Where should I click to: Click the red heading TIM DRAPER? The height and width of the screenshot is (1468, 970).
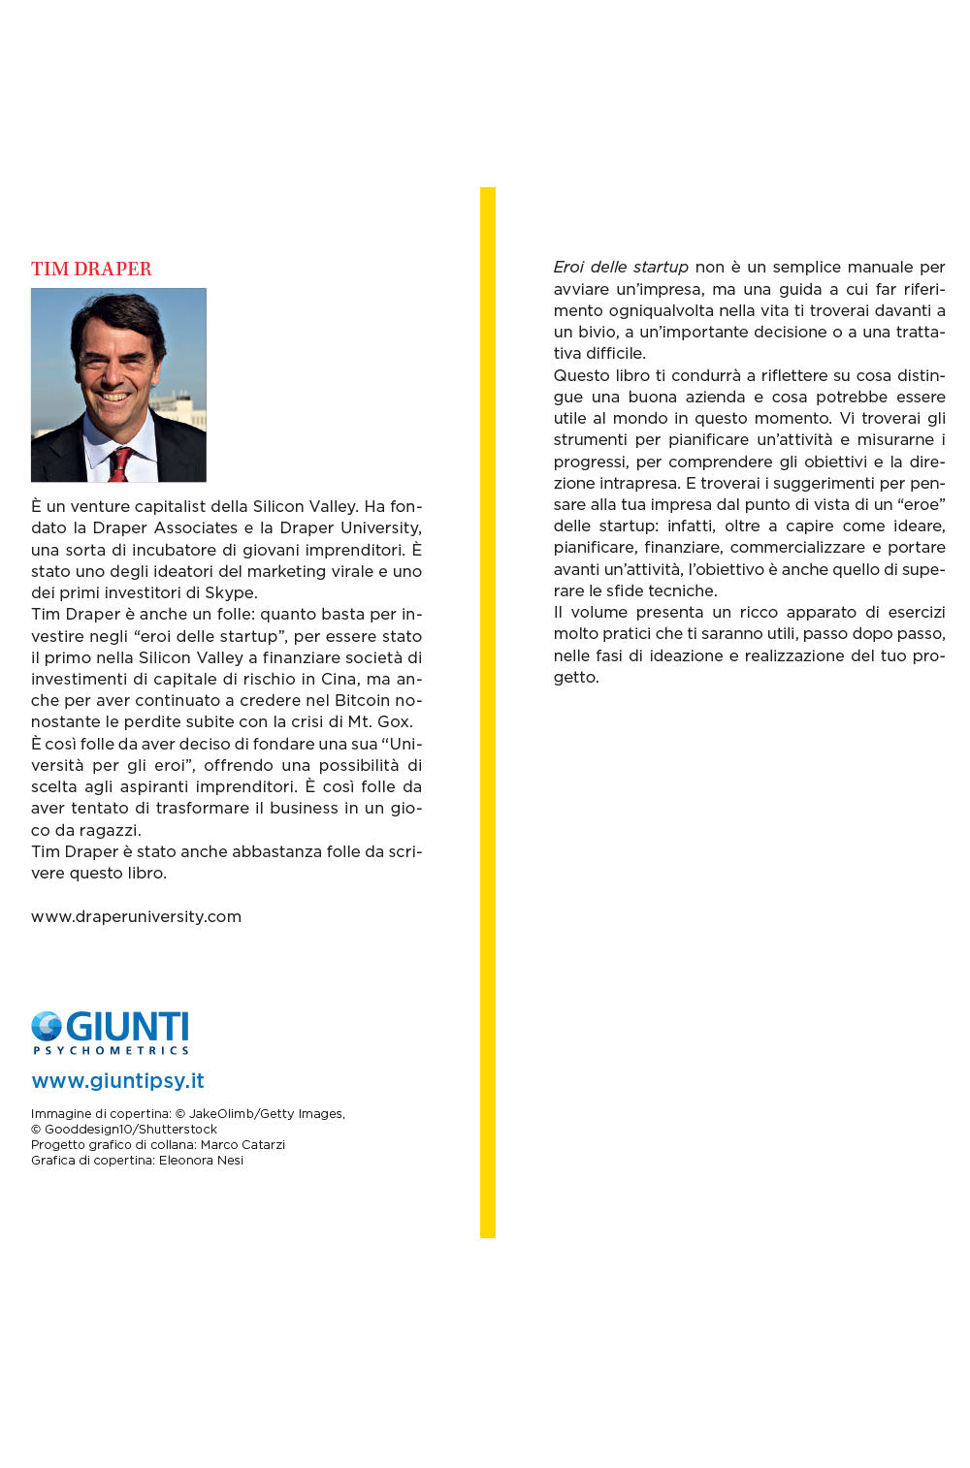(91, 269)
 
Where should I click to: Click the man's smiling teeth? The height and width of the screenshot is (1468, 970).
(114, 397)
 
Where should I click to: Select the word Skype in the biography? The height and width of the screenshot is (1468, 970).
(230, 592)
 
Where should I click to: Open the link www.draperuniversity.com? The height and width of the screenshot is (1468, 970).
(136, 916)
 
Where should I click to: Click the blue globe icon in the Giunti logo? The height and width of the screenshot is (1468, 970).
(46, 1026)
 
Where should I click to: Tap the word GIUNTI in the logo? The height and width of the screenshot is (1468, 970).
(127, 1027)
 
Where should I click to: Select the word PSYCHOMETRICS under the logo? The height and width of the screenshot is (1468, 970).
(111, 1050)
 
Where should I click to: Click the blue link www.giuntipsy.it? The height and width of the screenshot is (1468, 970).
(117, 1081)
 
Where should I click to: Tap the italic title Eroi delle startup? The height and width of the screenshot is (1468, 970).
(621, 267)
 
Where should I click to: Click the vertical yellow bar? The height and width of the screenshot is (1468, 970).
(488, 713)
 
